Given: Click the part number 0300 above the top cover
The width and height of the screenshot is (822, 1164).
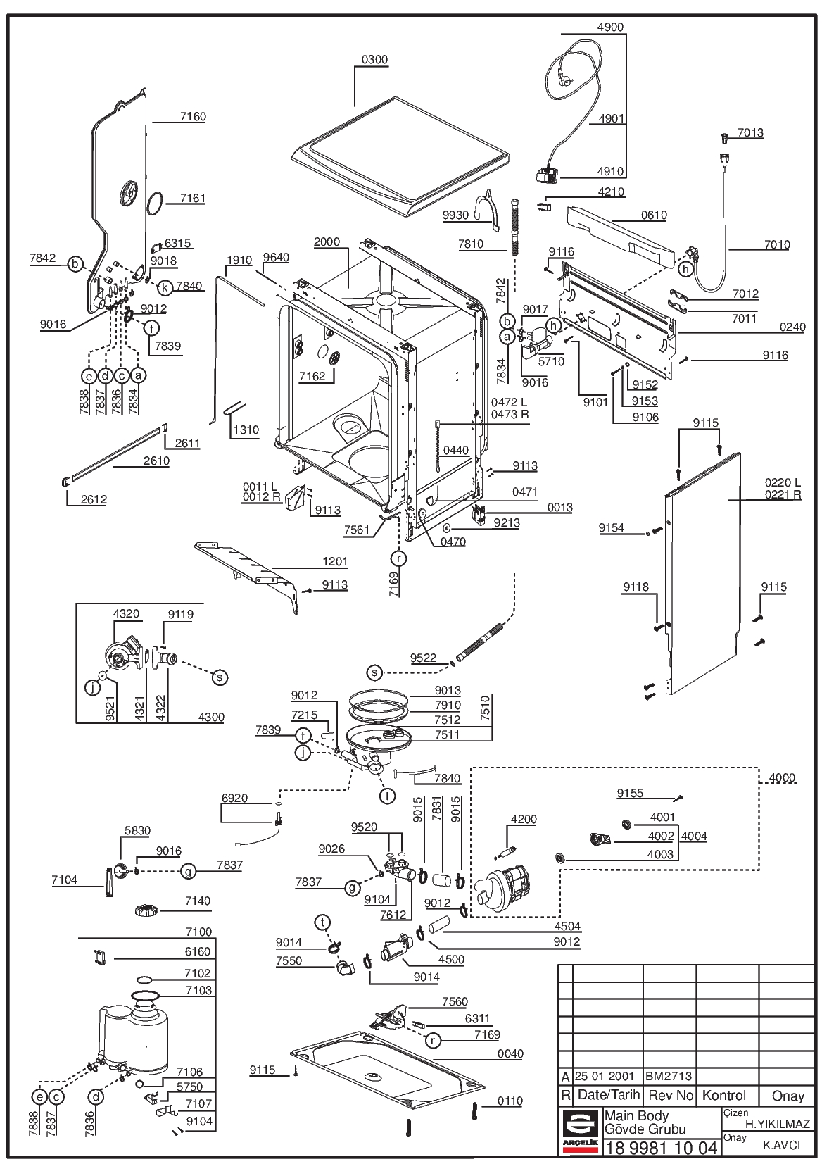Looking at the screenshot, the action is [x=374, y=60].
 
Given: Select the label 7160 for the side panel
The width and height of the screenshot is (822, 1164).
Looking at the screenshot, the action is [x=193, y=117].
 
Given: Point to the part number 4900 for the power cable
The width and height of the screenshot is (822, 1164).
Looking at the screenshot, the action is [x=611, y=27].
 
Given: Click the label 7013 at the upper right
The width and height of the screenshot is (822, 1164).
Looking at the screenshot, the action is [x=751, y=133].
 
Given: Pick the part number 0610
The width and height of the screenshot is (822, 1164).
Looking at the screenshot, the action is [x=654, y=215].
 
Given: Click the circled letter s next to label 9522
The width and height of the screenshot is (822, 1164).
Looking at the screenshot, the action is [x=374, y=672].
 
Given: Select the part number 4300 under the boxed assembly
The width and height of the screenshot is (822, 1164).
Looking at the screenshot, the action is [x=211, y=717].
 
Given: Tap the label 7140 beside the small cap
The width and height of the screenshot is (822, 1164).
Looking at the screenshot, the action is [x=198, y=901].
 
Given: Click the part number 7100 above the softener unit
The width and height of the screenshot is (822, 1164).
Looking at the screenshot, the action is [x=199, y=932].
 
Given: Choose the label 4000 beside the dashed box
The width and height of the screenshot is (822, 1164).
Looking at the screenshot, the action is [x=782, y=778].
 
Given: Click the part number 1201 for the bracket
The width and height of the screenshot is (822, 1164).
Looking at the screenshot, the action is [x=335, y=562].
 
